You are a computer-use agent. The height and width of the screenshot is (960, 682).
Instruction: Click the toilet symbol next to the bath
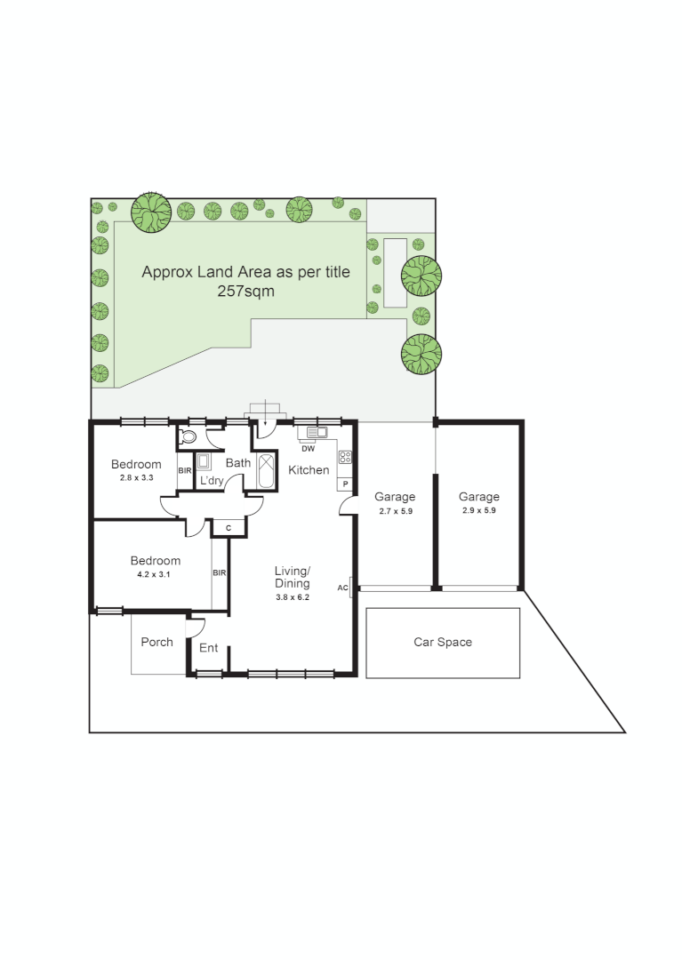pos(188,436)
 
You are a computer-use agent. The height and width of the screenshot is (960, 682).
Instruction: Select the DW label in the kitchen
pos(308,449)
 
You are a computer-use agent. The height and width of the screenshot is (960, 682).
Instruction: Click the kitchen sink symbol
pos(317,433)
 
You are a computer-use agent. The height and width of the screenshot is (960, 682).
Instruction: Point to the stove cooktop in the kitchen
pos(345,458)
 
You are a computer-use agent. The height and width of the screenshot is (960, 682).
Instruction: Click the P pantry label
pos(345,484)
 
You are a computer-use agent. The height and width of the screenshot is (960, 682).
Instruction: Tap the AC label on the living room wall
pos(342,588)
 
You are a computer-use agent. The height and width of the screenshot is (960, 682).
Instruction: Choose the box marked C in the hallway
pos(229,528)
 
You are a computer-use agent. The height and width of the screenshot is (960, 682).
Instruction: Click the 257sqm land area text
pos(246,291)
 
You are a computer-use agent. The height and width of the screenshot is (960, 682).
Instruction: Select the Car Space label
pos(443,642)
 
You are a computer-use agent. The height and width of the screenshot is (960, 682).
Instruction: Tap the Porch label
pos(157,642)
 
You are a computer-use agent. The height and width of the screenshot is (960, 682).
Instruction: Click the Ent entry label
pos(208,648)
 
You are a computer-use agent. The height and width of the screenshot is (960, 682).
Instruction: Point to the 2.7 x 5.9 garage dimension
pos(395,511)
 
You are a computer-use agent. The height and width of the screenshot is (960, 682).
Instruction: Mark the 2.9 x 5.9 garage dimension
pos(479,511)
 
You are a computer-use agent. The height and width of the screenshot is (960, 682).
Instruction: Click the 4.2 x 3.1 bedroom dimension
pos(155,574)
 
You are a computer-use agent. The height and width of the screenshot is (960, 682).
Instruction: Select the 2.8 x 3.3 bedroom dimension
pos(136,477)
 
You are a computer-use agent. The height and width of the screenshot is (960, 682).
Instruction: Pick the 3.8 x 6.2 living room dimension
pos(292,597)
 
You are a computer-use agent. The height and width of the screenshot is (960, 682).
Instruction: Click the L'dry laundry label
pos(212,481)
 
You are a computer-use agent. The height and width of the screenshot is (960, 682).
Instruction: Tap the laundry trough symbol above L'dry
pos(204,461)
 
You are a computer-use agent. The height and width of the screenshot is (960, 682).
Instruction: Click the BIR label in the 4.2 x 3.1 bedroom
pos(220,573)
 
